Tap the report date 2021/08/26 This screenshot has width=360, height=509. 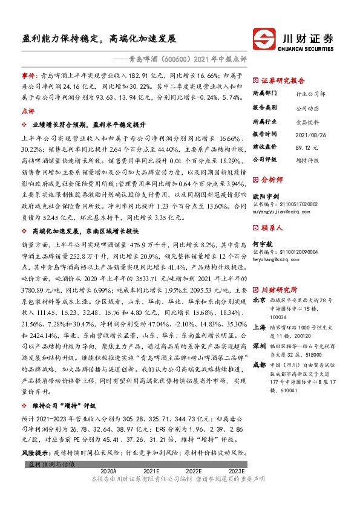(x=309, y=134)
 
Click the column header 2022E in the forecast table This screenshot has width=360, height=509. (x=194, y=470)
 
